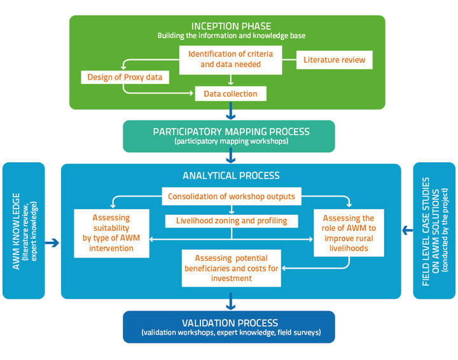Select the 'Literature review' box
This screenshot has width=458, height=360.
[x=335, y=60]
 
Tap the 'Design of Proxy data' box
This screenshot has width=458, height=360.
[x=121, y=78]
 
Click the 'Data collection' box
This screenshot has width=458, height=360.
[x=230, y=94]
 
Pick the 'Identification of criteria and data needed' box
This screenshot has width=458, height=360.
[x=230, y=58]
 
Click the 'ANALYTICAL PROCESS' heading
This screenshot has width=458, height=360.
[x=231, y=176]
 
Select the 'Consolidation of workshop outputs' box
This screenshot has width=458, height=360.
[x=231, y=197]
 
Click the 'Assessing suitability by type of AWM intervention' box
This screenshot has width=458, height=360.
[x=111, y=233]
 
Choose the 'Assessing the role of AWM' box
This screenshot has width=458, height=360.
[x=349, y=233]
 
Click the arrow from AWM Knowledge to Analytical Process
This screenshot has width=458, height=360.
[x=53, y=242]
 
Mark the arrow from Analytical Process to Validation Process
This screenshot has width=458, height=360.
[x=230, y=303]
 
